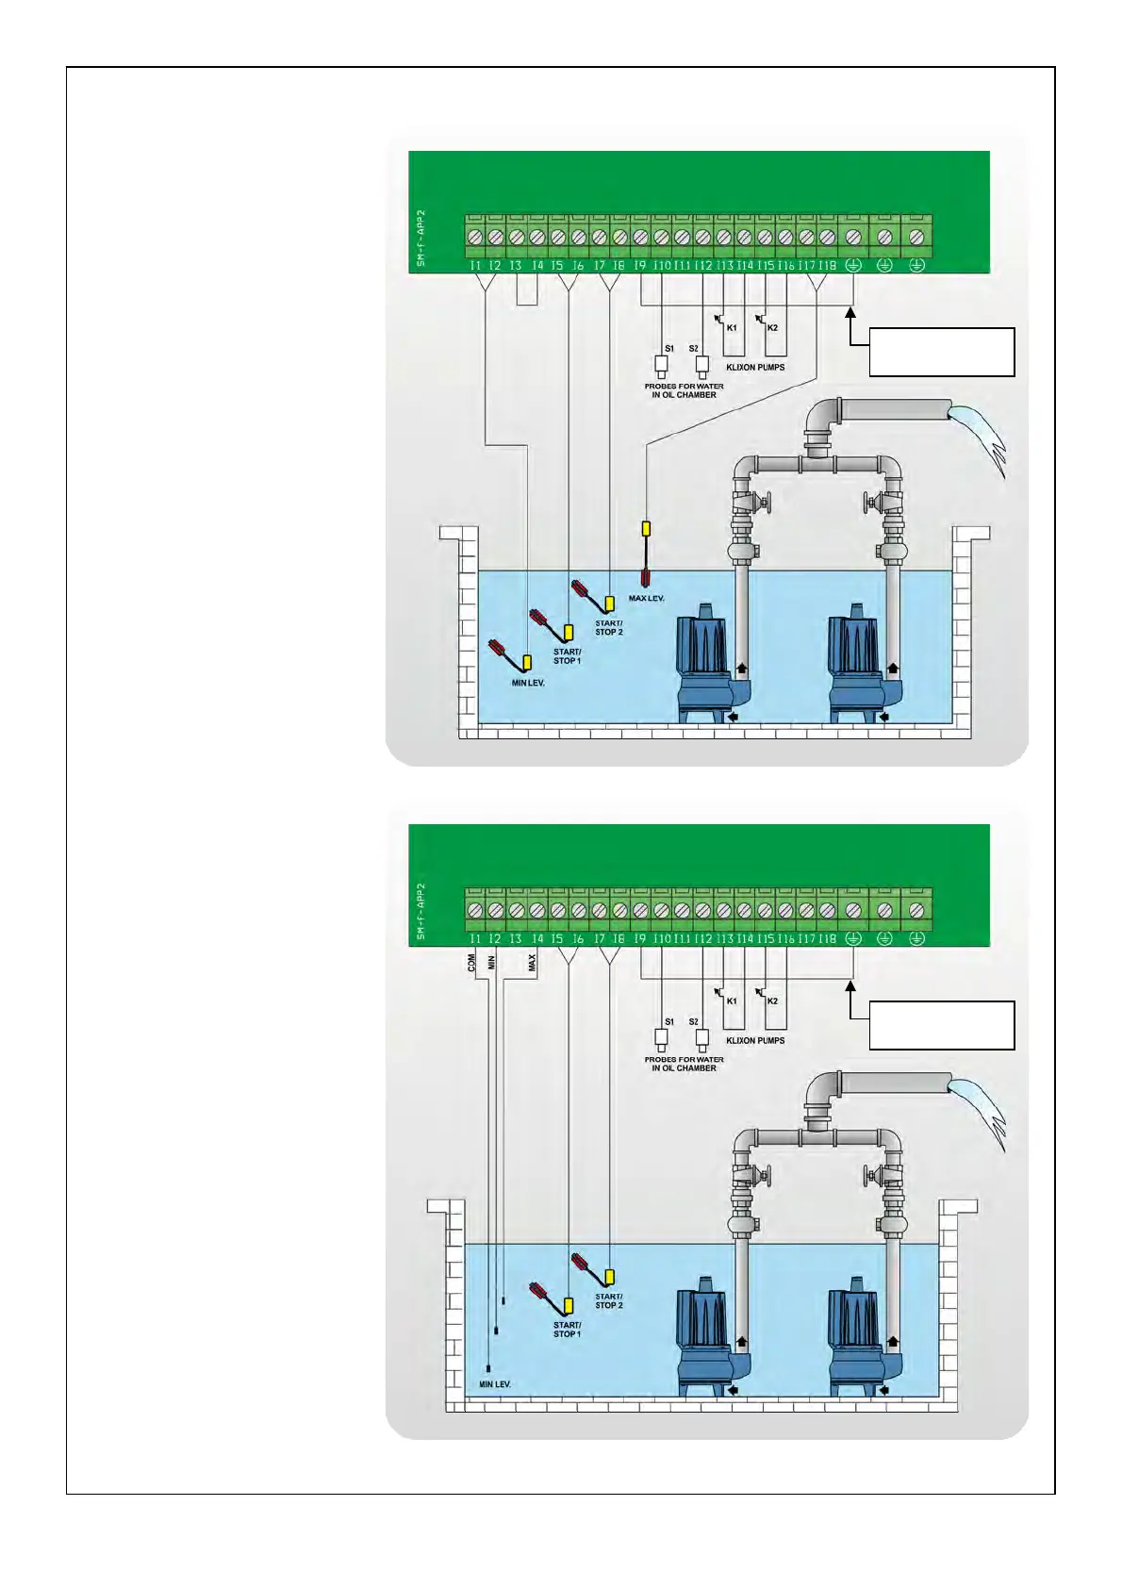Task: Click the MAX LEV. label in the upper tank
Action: pyautogui.click(x=647, y=599)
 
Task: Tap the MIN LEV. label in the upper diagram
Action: pyautogui.click(x=528, y=683)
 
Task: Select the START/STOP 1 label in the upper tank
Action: pyautogui.click(x=567, y=656)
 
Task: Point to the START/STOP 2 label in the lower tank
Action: pyautogui.click(x=609, y=1301)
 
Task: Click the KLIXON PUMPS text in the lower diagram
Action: pyautogui.click(x=755, y=1040)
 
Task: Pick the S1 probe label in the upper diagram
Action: pyautogui.click(x=669, y=349)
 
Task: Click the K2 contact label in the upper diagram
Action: pyautogui.click(x=772, y=328)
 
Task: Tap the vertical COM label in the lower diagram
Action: pyautogui.click(x=471, y=962)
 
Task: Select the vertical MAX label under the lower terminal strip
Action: pyautogui.click(x=532, y=962)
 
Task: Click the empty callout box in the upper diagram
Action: pyautogui.click(x=941, y=352)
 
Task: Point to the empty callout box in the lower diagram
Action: pyautogui.click(x=941, y=1025)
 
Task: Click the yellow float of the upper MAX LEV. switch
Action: pyautogui.click(x=646, y=529)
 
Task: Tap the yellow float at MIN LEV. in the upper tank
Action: pyautogui.click(x=527, y=662)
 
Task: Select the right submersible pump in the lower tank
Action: pyautogui.click(x=856, y=1337)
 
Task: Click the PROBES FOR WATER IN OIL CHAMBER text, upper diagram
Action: pyautogui.click(x=685, y=390)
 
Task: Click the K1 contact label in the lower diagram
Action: pyautogui.click(x=732, y=1001)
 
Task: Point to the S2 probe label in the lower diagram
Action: pyautogui.click(x=694, y=1022)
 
